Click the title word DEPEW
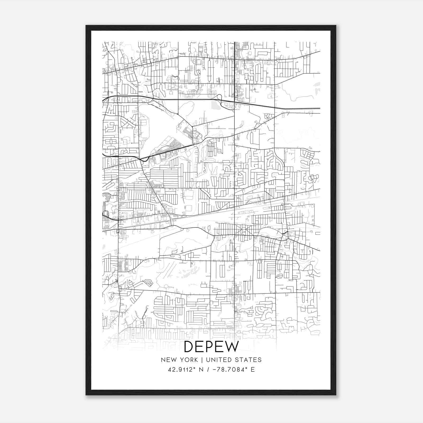[211, 347]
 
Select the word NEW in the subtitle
[168, 360]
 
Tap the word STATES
[248, 360]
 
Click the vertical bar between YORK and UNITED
[202, 360]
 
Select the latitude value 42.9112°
[182, 370]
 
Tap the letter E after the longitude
[253, 370]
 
